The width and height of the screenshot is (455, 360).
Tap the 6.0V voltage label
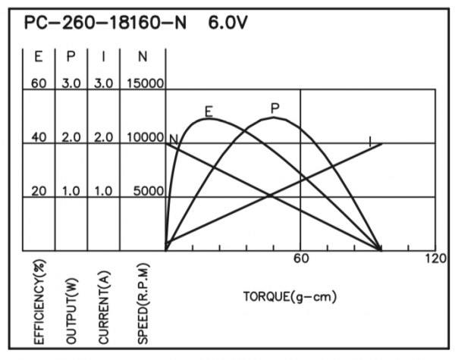(227, 23)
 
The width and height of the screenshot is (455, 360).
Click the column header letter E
(39, 56)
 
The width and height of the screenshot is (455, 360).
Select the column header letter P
(71, 56)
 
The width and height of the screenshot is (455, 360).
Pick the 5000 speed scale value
(147, 191)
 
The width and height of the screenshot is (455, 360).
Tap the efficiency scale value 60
(39, 83)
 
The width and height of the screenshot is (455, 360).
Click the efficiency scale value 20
(39, 191)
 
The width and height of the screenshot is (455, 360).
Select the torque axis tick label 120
(436, 259)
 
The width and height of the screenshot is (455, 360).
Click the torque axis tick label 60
(301, 259)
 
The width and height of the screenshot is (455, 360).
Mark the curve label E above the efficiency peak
(209, 111)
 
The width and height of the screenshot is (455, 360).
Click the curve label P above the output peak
(275, 108)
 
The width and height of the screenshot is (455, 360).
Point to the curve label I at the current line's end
(370, 140)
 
